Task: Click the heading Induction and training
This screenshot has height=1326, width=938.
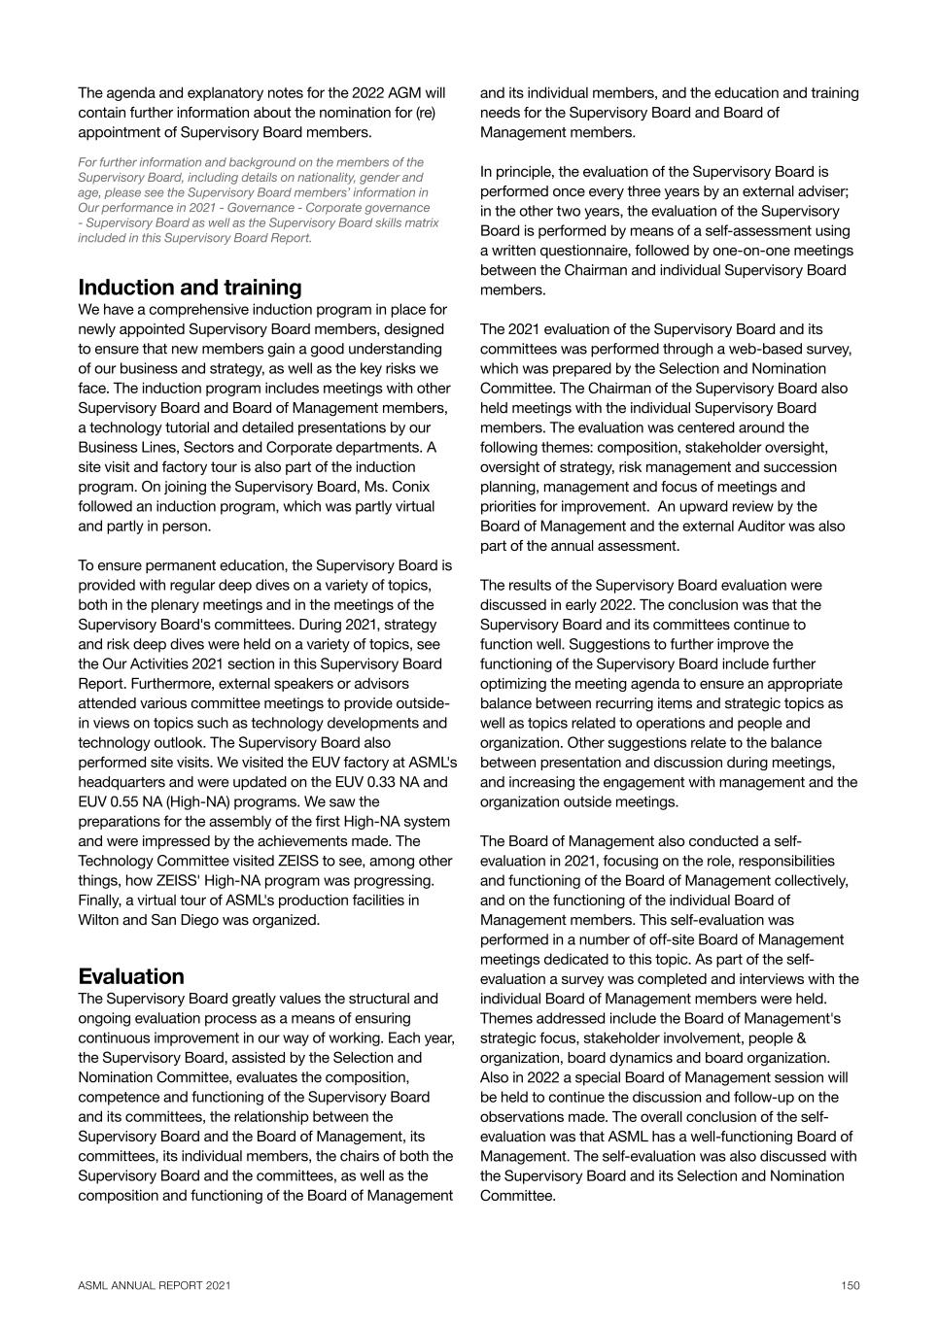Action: click(190, 288)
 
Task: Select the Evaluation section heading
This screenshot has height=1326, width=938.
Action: click(130, 976)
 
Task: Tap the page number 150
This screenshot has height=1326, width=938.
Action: click(851, 1285)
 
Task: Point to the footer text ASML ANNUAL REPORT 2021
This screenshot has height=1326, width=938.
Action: click(155, 1285)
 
